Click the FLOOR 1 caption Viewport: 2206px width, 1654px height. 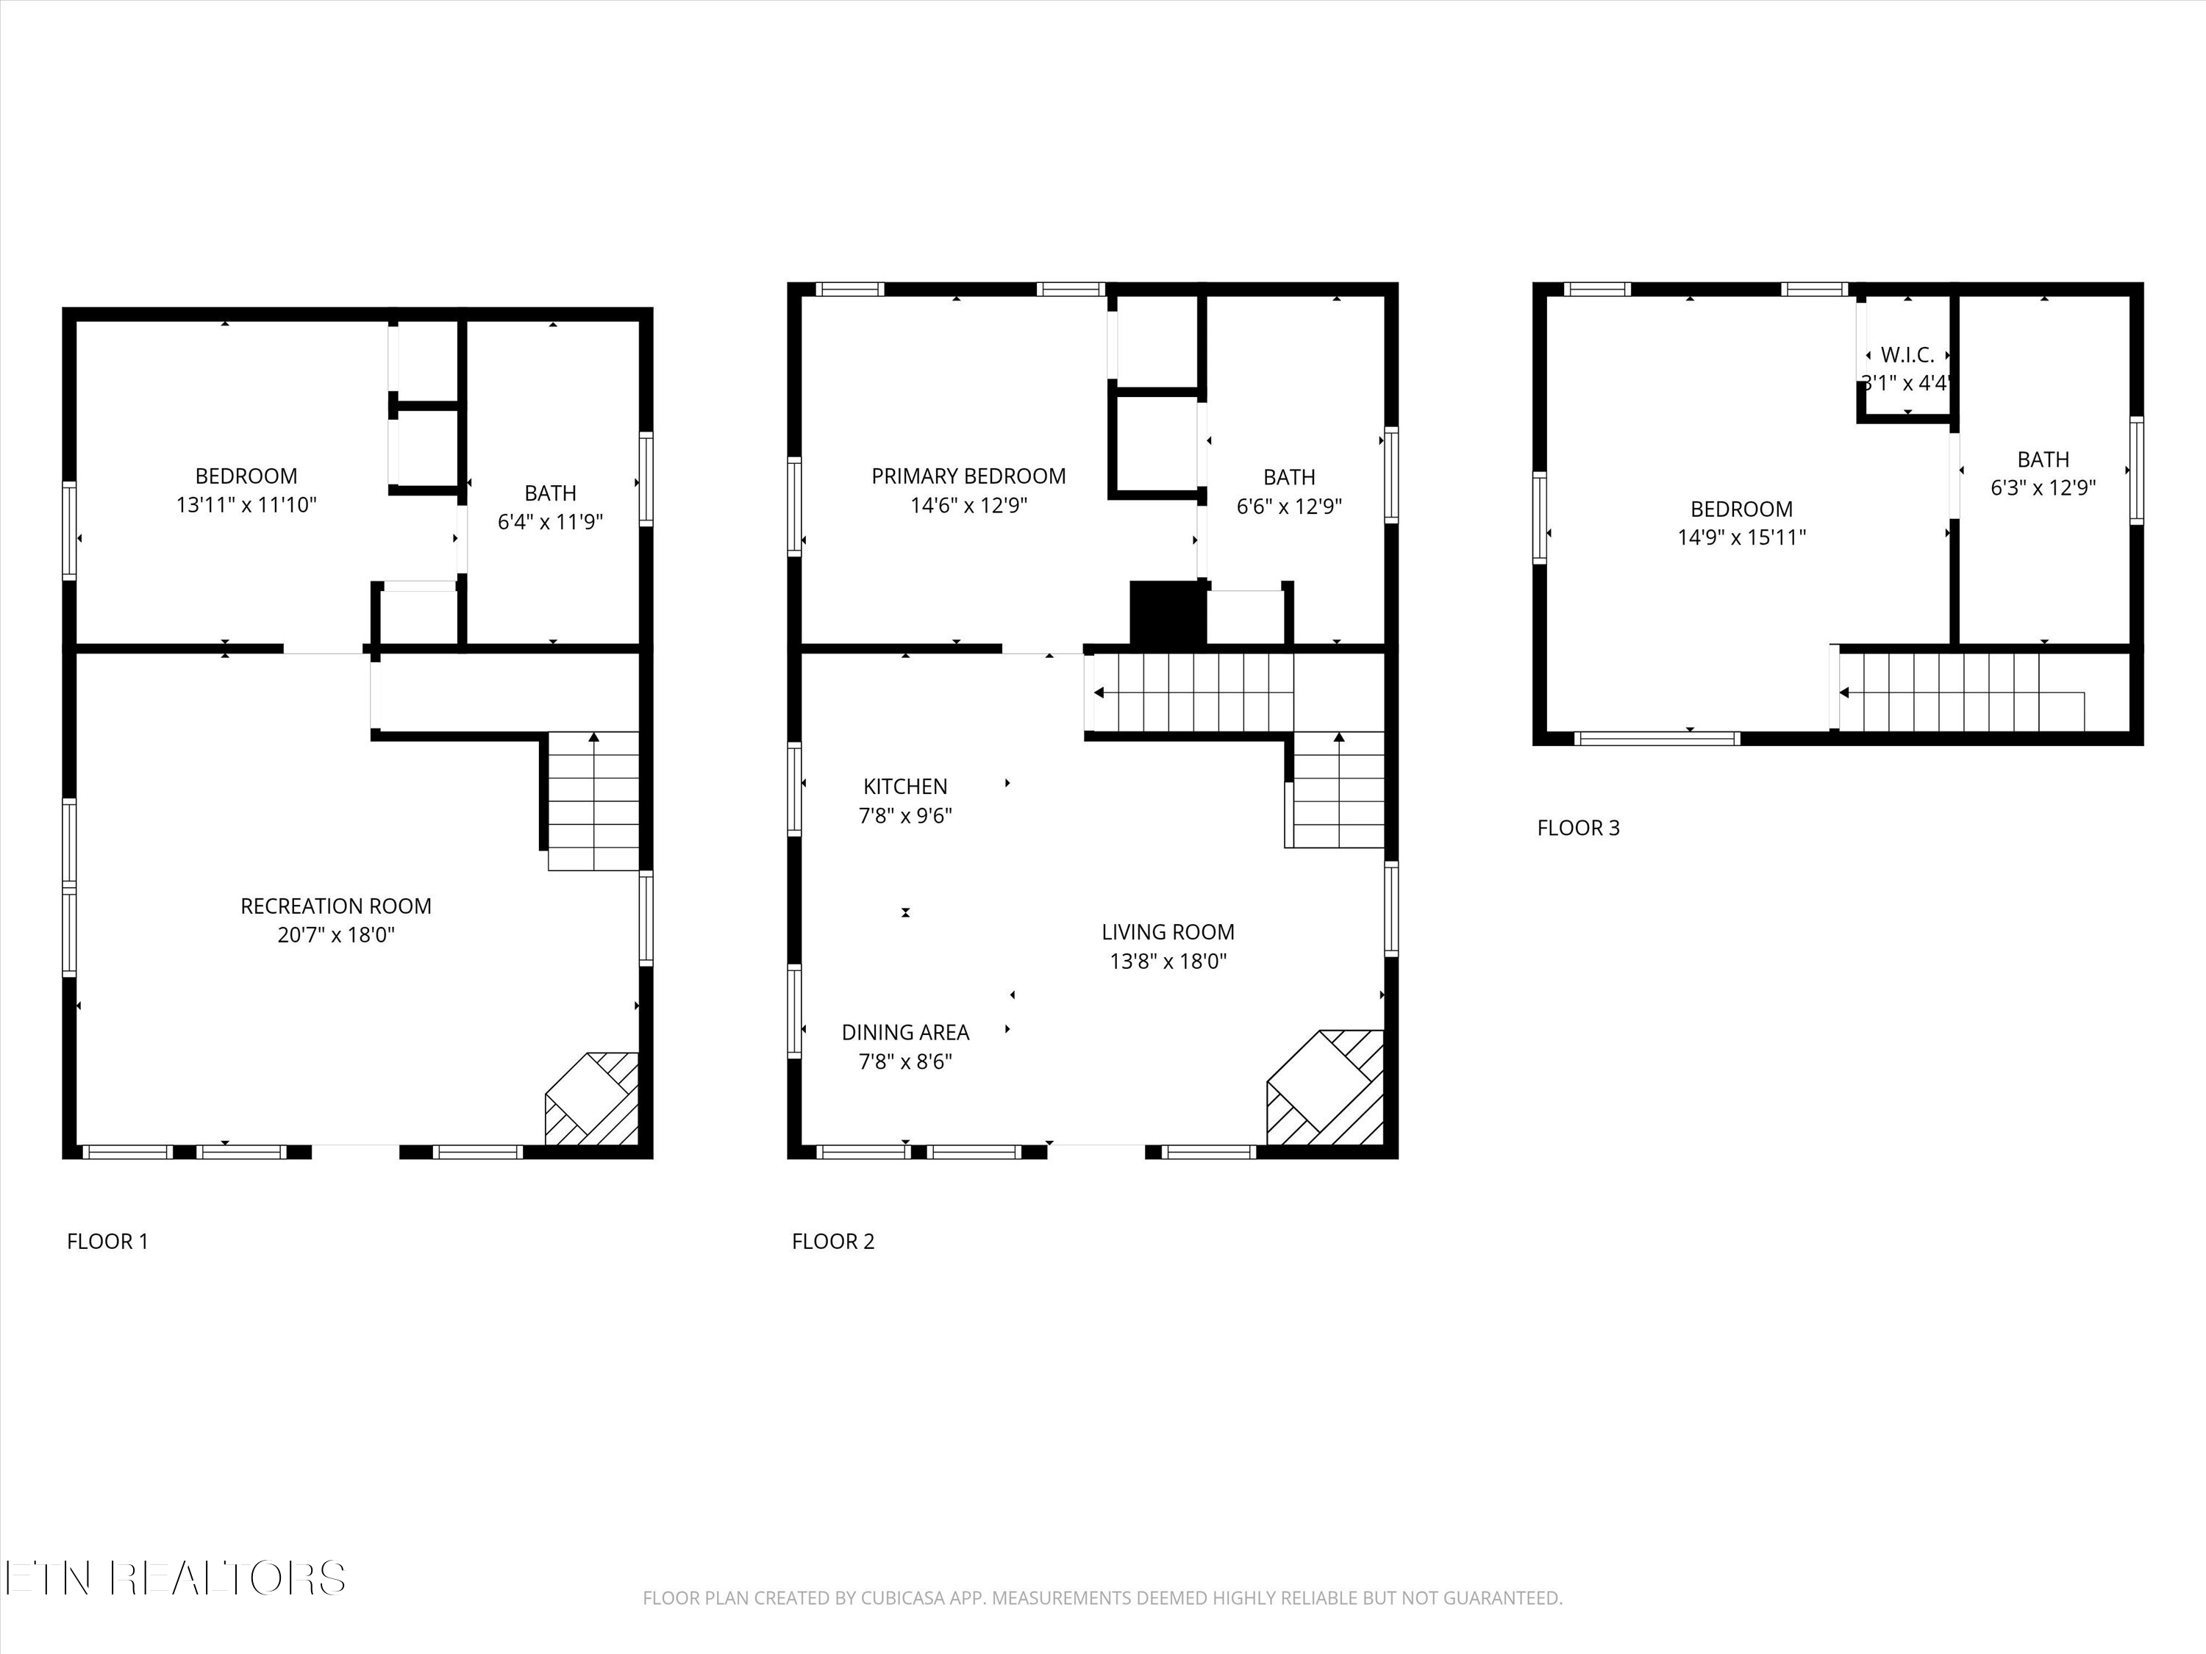(x=107, y=1242)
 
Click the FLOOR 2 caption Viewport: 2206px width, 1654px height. (x=832, y=1242)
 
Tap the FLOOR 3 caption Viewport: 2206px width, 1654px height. (x=1578, y=828)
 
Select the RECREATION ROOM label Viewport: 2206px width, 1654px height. (x=336, y=906)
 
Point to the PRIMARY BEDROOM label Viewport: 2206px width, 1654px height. (x=968, y=476)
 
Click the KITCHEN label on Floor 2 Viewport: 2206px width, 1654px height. (x=905, y=787)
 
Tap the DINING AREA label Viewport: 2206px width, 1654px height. (x=905, y=1033)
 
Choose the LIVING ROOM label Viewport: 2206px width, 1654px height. (x=1168, y=932)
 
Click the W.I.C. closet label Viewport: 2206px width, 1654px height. (x=1907, y=355)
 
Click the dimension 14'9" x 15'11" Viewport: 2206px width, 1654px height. (x=1741, y=538)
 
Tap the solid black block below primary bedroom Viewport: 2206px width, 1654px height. (x=1167, y=613)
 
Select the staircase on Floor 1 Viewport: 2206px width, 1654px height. (x=594, y=801)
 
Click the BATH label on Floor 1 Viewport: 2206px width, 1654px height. (x=551, y=493)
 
